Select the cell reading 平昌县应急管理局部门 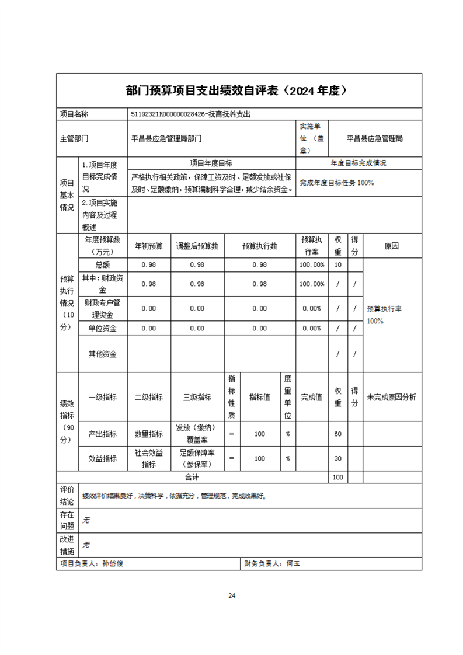click(166, 139)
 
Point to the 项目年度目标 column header click(211, 163)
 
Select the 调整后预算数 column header click(197, 246)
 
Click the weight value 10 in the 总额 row click(337, 265)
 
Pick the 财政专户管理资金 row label click(102, 308)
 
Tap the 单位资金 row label click(102, 328)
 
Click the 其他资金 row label click(102, 354)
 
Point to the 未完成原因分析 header click(391, 398)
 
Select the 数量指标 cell click(149, 434)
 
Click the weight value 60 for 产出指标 click(337, 434)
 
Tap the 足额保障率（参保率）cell click(197, 458)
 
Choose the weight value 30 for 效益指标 click(337, 459)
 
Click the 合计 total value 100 click(337, 478)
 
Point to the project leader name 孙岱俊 click(113, 564)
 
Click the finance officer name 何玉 click(293, 564)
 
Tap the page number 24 click(232, 596)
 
